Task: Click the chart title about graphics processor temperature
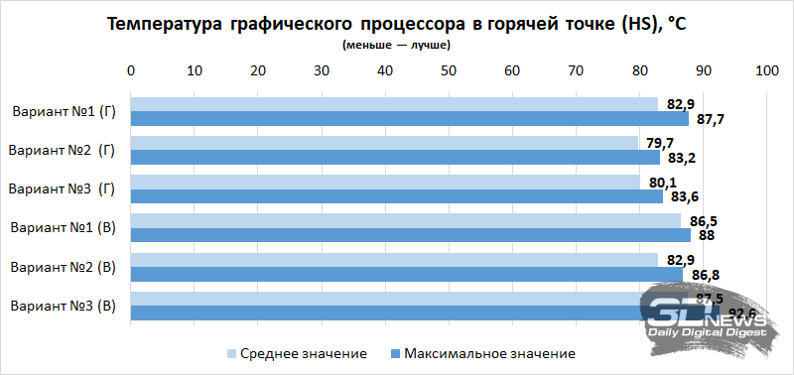(396, 25)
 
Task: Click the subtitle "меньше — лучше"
(396, 46)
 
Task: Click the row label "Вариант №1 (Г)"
(65, 111)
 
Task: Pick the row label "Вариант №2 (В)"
(65, 267)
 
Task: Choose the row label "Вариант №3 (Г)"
(65, 188)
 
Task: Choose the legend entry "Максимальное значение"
(482, 353)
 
